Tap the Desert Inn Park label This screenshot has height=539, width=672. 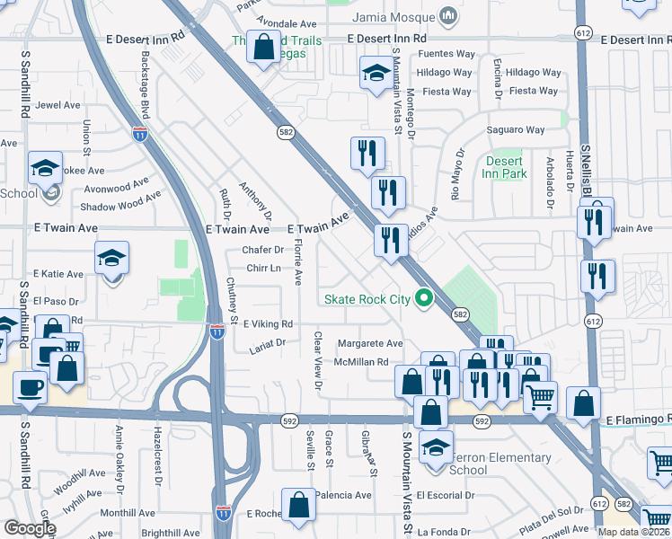tap(506, 168)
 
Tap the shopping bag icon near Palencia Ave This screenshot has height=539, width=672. tap(299, 505)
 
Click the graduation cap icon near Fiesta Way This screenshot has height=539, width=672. tap(376, 74)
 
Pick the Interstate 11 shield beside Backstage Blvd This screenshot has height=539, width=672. tap(139, 134)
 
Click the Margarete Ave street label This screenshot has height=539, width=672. tap(370, 343)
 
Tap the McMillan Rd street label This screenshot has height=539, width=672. tap(360, 362)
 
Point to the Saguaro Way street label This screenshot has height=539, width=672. tap(516, 130)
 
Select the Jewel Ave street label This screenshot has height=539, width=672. tap(58, 105)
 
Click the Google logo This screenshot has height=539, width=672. tap(30, 528)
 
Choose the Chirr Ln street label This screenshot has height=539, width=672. tap(263, 269)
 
